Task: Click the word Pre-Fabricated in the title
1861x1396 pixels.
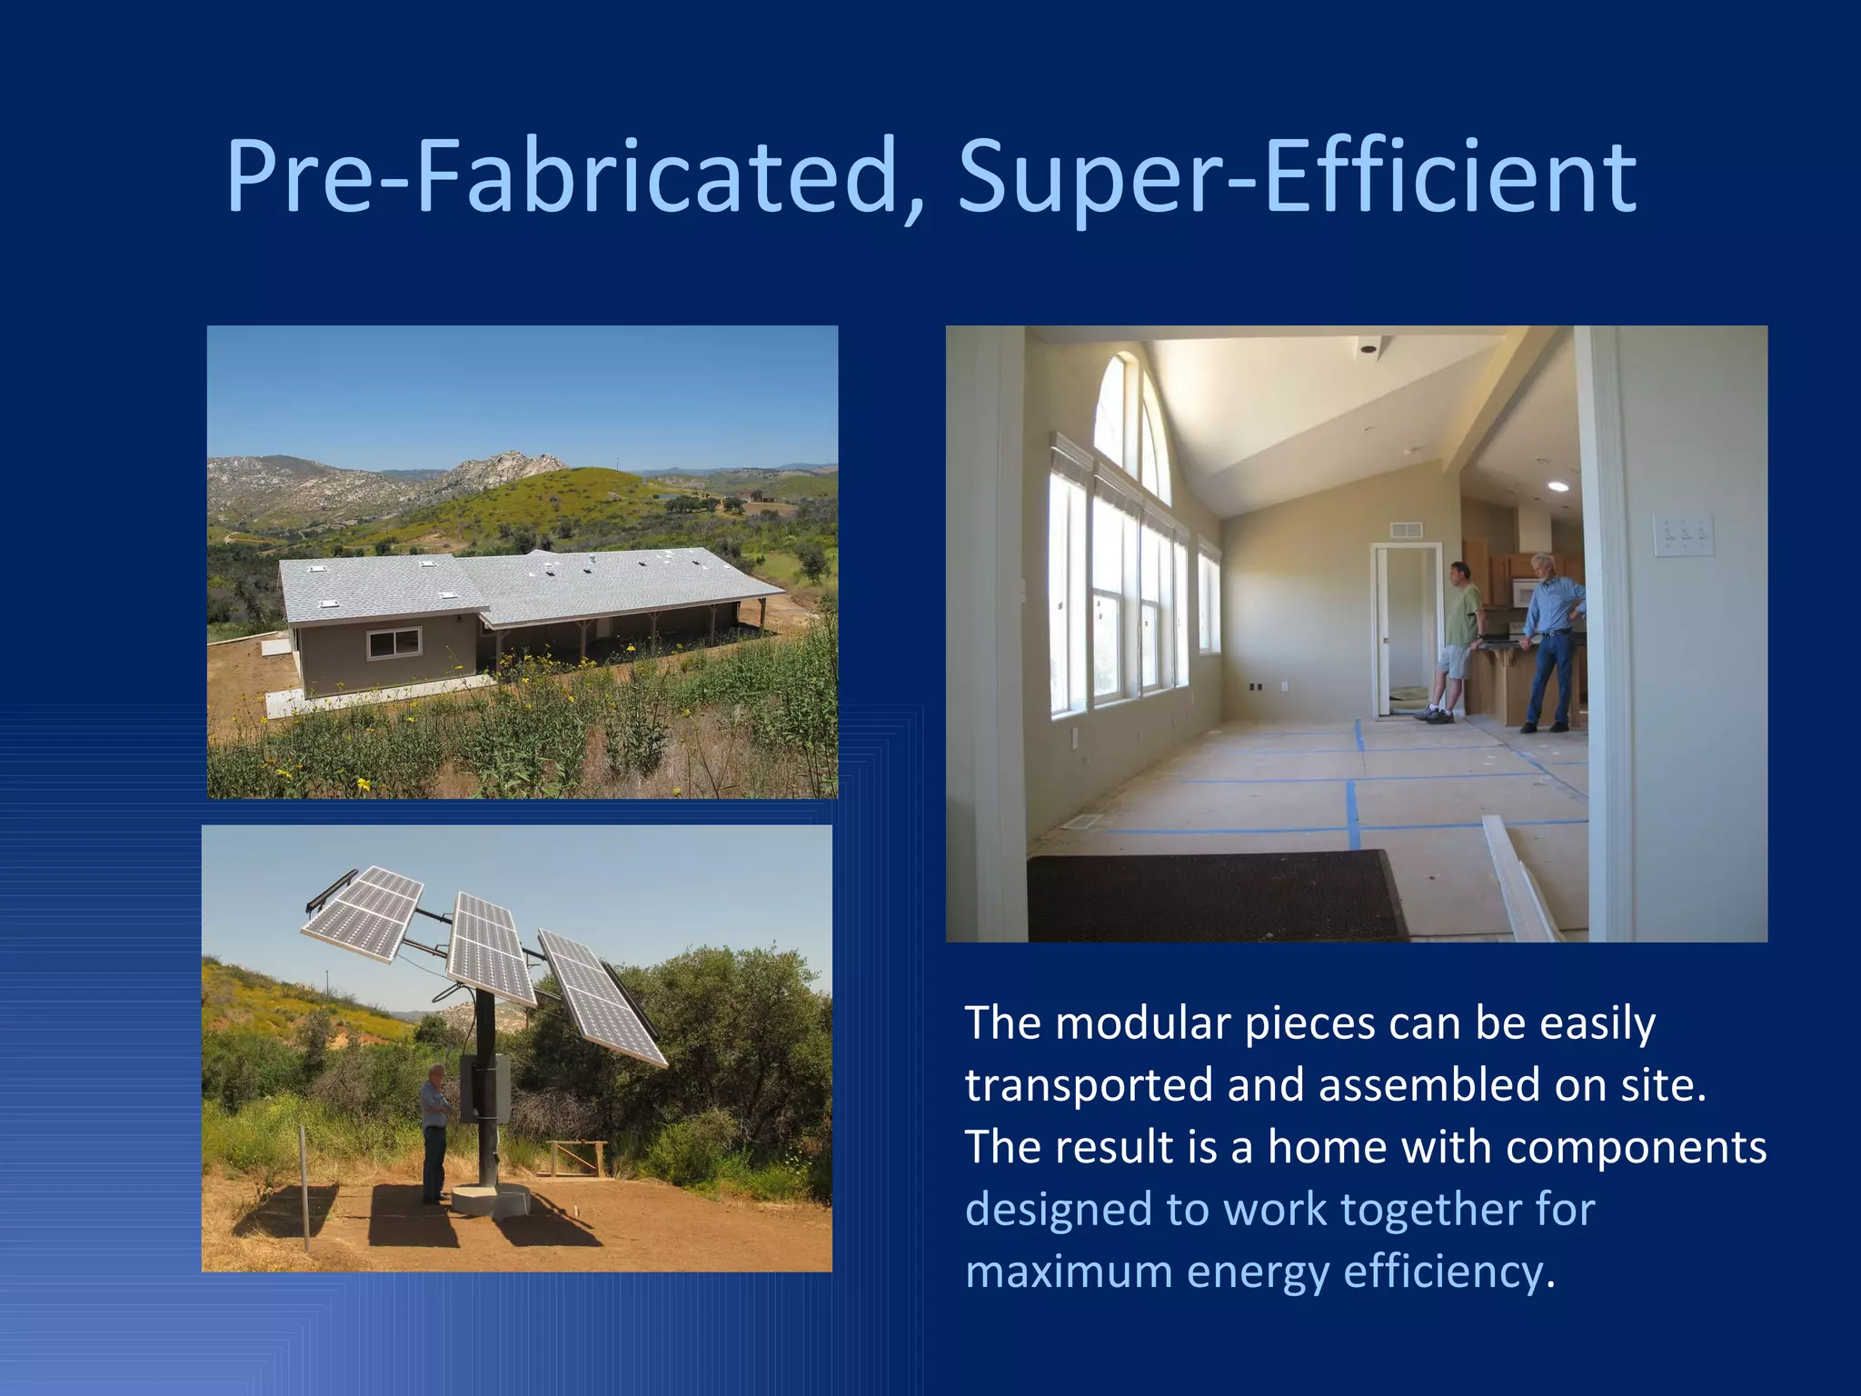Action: tap(572, 177)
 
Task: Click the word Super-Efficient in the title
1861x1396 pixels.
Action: tap(1297, 177)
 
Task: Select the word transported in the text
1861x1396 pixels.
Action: tap(1088, 1086)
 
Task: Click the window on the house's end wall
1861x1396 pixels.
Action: tap(394, 643)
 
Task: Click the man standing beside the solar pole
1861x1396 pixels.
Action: tap(435, 1132)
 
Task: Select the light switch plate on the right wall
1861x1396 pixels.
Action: tap(1683, 534)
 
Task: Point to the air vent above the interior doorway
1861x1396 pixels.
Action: tap(1406, 530)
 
